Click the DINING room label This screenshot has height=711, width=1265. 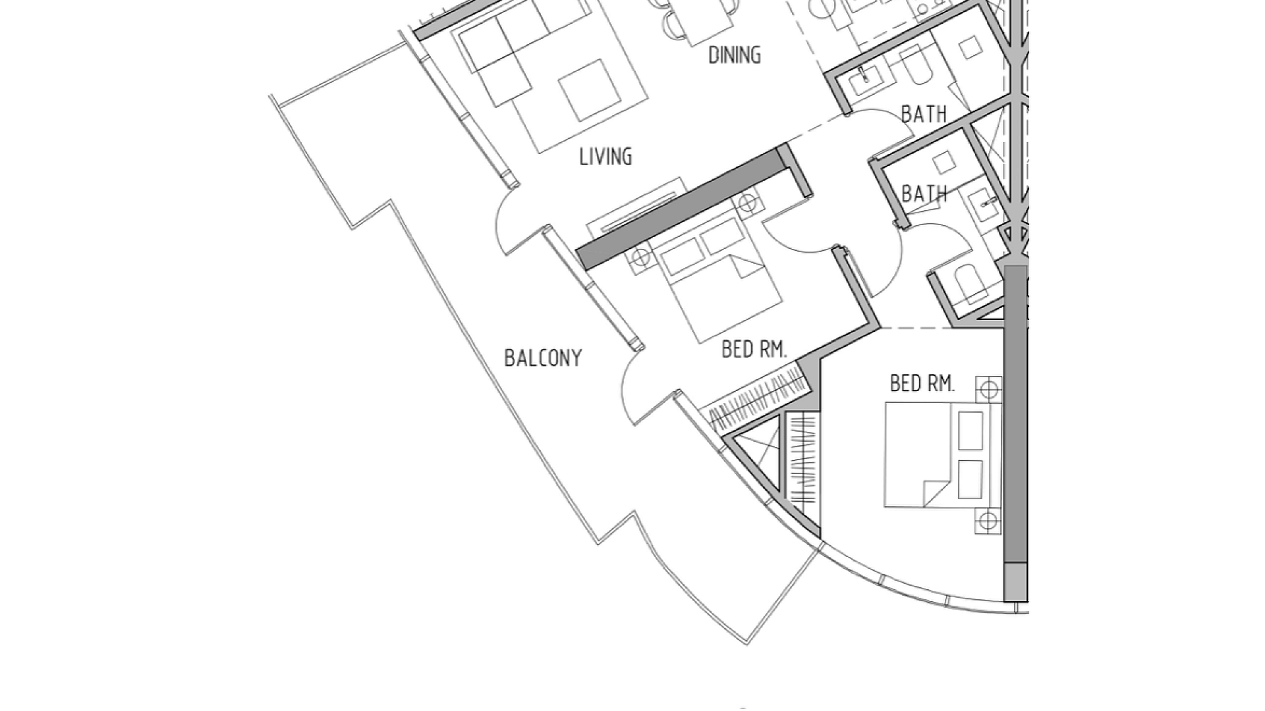[734, 55]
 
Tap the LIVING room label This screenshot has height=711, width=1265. [605, 157]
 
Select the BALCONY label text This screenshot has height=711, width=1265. [543, 358]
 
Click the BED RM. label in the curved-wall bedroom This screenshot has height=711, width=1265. [922, 383]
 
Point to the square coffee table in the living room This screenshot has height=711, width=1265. [590, 91]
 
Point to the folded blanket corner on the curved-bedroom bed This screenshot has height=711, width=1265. [936, 493]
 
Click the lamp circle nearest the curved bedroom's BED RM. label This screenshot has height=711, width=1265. [988, 390]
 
